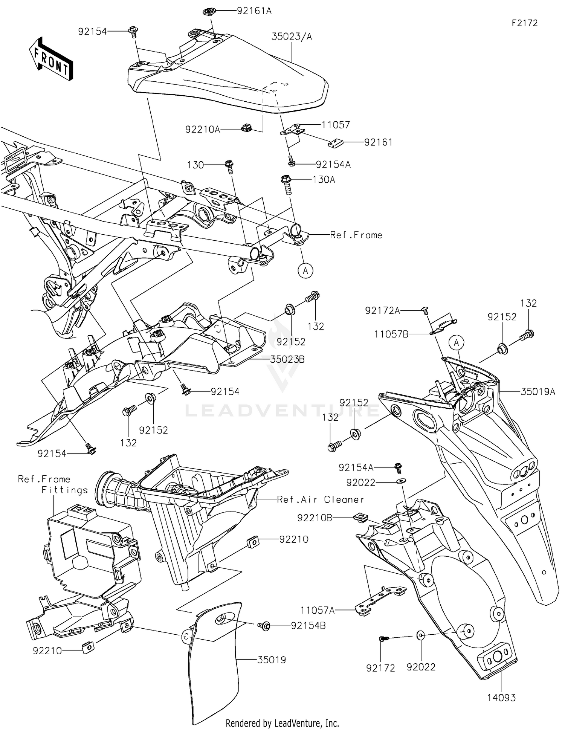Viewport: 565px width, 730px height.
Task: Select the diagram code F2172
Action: click(x=524, y=23)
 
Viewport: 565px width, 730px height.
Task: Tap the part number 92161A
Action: click(x=254, y=11)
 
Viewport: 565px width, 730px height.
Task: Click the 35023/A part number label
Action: click(x=292, y=37)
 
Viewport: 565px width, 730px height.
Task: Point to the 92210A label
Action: click(x=202, y=130)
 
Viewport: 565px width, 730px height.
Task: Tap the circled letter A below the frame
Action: click(x=305, y=270)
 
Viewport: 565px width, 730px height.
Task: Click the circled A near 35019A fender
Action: click(x=457, y=343)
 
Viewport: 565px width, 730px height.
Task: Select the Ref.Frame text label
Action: click(x=356, y=235)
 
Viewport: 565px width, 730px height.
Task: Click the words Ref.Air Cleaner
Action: click(x=320, y=499)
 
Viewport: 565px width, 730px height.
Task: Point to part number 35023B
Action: click(x=287, y=359)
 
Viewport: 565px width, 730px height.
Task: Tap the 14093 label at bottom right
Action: click(x=501, y=698)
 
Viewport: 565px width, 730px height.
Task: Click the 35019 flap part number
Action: click(x=271, y=660)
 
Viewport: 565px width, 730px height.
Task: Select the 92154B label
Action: click(x=308, y=625)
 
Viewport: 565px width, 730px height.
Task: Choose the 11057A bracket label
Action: click(x=317, y=610)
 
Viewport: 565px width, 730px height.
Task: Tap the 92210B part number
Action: click(x=315, y=518)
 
